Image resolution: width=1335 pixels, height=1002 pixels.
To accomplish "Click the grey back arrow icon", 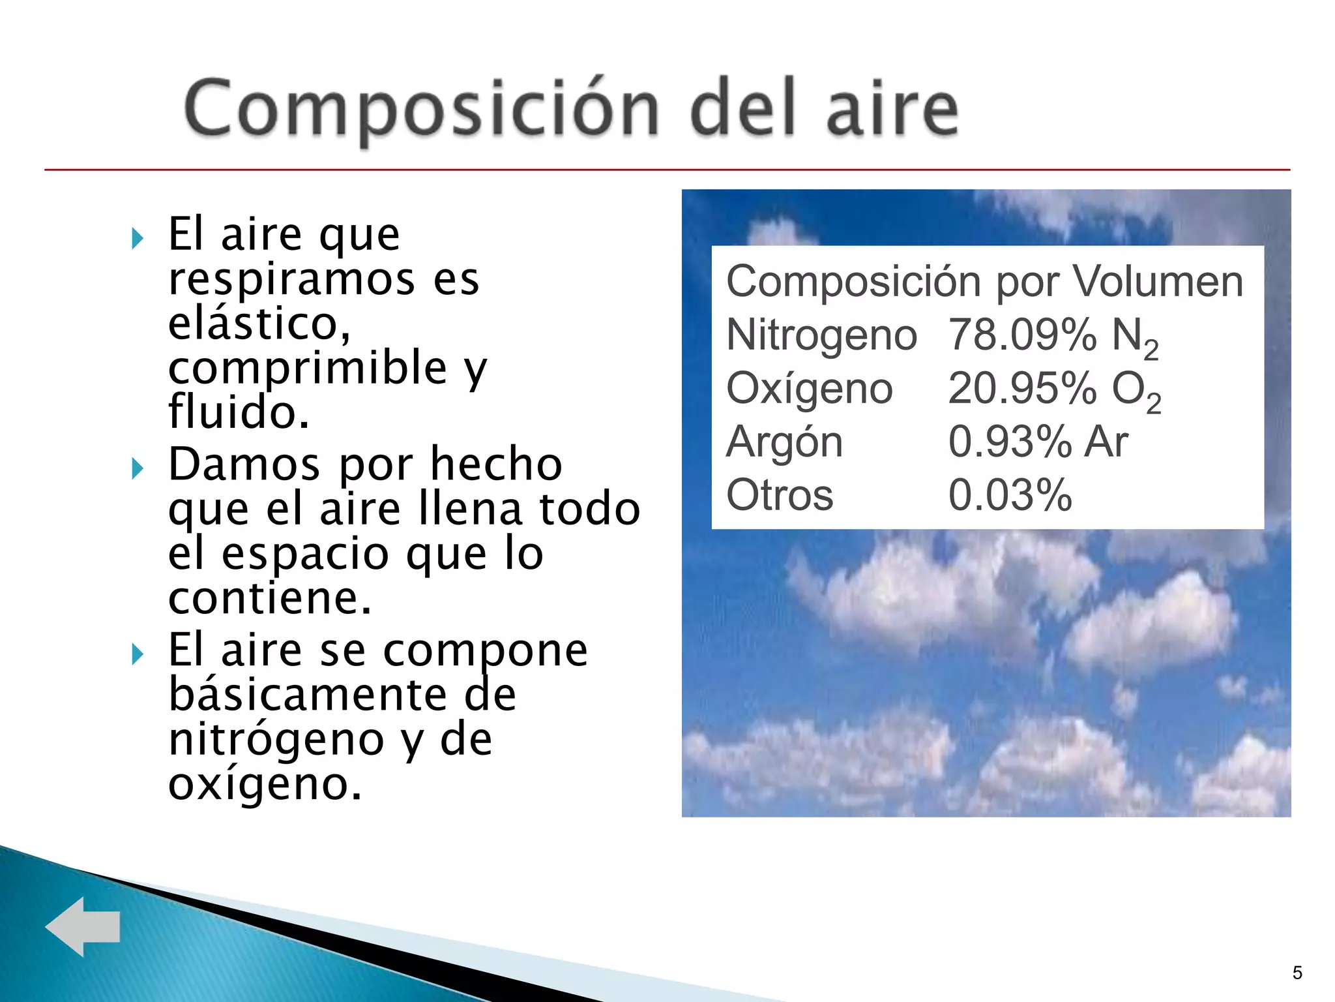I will pos(83,926).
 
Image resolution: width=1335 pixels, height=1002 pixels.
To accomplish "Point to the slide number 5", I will pos(1297,973).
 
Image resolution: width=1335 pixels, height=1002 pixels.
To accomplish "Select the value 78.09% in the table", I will pos(1021,335).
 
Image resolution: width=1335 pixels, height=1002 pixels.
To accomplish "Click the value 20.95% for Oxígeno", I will pos(1021,389).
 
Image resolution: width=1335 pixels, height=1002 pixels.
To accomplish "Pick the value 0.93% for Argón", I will pos(1010,442).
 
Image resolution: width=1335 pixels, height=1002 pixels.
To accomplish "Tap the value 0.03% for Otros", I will pos(1010,495).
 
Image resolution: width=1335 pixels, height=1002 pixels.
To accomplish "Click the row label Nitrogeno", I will pos(821,335).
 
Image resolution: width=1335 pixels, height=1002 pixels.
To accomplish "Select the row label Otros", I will pos(780,495).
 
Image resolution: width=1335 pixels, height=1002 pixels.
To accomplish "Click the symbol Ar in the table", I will pos(1106,442).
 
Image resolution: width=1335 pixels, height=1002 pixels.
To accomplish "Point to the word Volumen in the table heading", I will pos(1158,282).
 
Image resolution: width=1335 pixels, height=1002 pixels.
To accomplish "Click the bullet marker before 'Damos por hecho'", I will pos(137,468).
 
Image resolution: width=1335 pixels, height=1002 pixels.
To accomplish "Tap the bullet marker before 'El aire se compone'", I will pos(137,653).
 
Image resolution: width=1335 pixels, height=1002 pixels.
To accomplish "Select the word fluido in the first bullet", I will pos(238,412).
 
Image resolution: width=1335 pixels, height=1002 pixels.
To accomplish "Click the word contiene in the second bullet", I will pos(269,598).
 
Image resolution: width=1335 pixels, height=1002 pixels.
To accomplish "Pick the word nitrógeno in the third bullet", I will pos(276,740).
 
